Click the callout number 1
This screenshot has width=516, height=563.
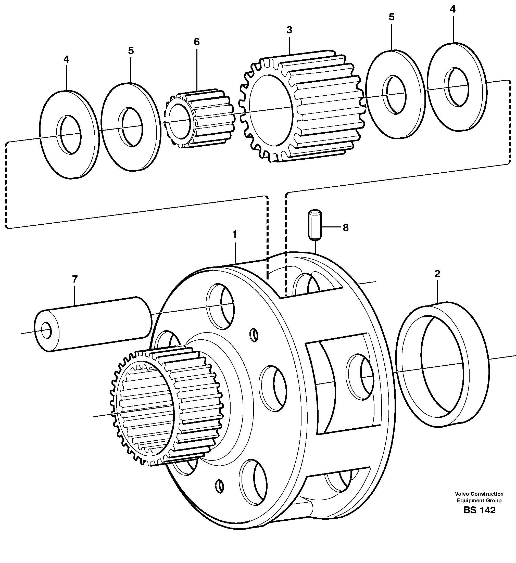tap(234, 234)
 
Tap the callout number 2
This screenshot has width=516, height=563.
tap(437, 273)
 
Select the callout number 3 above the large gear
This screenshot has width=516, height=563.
tap(289, 30)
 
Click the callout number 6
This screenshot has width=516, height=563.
tap(197, 42)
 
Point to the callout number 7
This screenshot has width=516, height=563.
tap(74, 279)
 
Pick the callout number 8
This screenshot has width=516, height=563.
tap(346, 228)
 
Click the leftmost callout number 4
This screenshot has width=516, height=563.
tap(66, 59)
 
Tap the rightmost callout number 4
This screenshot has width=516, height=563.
tap(452, 9)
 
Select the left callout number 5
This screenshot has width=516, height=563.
tap(131, 50)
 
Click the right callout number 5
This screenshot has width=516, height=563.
tap(392, 17)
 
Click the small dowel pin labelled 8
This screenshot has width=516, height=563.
tap(315, 225)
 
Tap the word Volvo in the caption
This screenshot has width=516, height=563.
tap(462, 494)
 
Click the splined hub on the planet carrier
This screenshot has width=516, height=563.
tap(168, 405)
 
